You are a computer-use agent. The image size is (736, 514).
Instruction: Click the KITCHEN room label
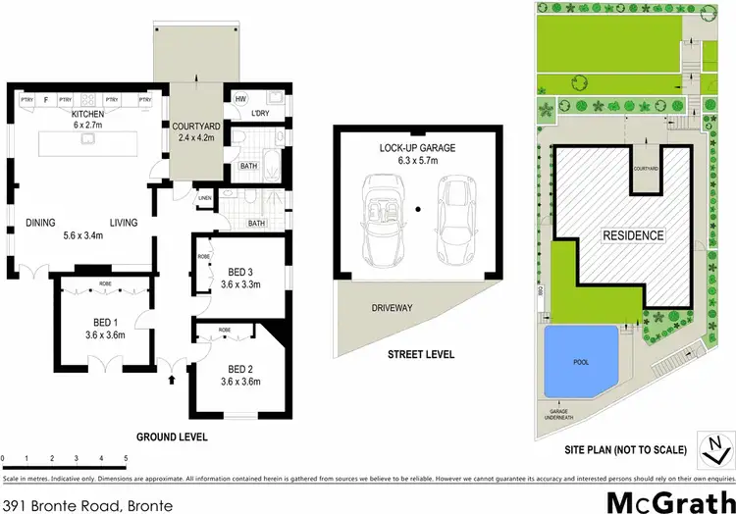[87, 114]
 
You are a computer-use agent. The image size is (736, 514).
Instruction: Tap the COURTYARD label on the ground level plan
[196, 127]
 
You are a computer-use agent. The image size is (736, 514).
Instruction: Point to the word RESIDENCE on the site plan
[632, 235]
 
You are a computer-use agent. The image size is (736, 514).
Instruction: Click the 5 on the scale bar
[126, 459]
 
